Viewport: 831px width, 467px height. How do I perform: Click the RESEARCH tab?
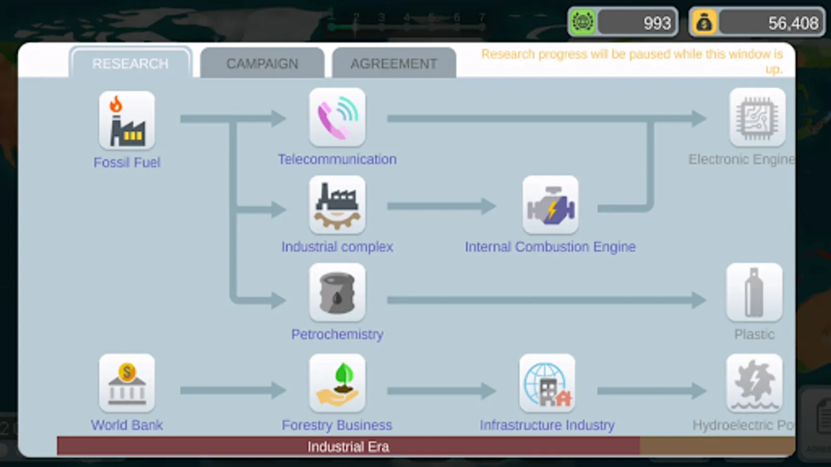coord(130,63)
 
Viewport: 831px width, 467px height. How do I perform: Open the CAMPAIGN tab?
coord(262,63)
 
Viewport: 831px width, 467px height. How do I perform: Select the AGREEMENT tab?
coord(394,63)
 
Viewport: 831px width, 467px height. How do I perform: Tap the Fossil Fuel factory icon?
coord(127,120)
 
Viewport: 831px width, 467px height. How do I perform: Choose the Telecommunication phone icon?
coord(337,117)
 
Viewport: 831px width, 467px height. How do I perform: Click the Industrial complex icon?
coord(337,205)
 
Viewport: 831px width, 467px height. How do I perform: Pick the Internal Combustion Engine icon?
coord(550,205)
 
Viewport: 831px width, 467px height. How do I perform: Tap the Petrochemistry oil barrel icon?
coord(337,293)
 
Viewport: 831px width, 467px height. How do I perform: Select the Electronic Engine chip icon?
coord(757,117)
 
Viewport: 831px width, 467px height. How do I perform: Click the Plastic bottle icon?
coord(754,293)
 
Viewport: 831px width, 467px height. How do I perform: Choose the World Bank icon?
coord(127,383)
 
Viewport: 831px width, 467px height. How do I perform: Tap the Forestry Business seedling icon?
coord(337,383)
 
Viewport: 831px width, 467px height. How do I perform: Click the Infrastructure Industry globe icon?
coord(547,383)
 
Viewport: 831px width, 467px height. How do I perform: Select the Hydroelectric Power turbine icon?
coord(754,383)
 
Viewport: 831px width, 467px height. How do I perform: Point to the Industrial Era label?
coord(348,447)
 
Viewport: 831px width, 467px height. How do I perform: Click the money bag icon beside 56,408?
coord(704,22)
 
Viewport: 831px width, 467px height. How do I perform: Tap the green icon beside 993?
coord(583,22)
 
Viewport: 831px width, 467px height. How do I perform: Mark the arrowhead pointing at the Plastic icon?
coord(699,299)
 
